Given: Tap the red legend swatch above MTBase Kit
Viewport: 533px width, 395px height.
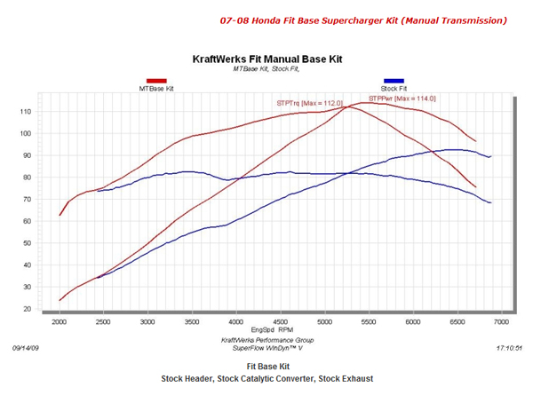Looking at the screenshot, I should [x=157, y=81].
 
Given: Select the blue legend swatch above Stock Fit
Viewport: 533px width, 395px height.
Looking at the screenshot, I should [x=394, y=81].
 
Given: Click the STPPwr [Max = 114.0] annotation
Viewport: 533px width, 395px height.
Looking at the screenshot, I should [x=399, y=98].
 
